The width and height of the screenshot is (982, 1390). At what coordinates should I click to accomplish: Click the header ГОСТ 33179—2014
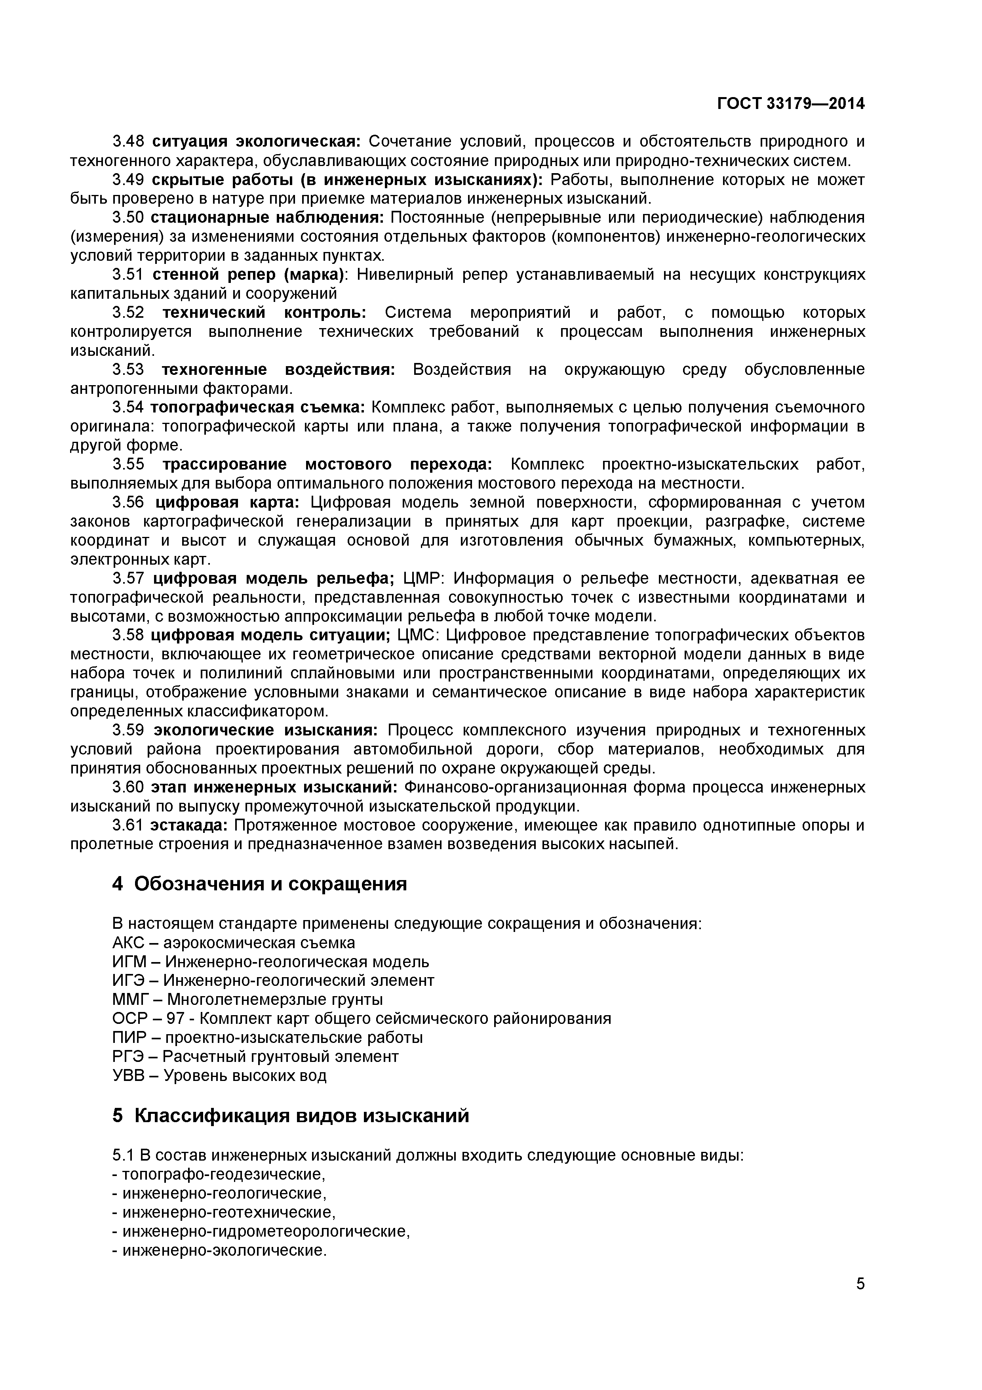(x=791, y=103)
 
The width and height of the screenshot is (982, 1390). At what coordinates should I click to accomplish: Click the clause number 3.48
(x=128, y=142)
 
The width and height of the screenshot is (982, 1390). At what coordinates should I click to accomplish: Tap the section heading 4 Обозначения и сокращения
(x=260, y=884)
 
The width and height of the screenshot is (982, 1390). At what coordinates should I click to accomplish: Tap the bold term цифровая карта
(x=228, y=502)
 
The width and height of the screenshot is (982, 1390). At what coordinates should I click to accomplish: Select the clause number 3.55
(x=128, y=464)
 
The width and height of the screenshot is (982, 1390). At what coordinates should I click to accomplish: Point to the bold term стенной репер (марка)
(x=248, y=275)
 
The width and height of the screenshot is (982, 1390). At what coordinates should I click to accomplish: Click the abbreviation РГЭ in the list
(x=128, y=1056)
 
